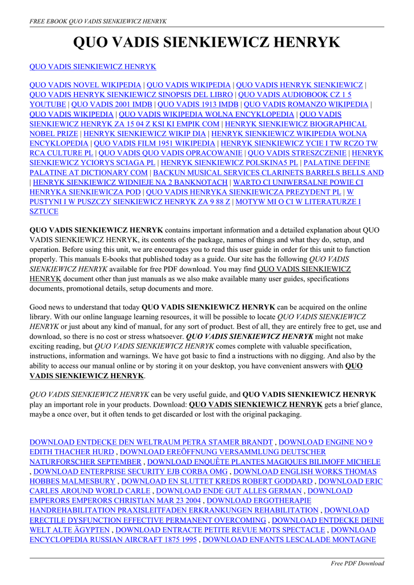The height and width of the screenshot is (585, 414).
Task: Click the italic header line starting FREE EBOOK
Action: point(98,21)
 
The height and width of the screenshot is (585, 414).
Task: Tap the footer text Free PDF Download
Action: point(357,563)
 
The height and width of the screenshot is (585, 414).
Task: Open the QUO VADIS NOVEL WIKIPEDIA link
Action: point(85,85)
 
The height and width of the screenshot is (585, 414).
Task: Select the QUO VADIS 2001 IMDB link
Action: point(111,105)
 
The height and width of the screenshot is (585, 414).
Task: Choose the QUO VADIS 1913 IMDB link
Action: point(198,105)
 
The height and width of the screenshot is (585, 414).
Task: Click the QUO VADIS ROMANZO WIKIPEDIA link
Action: point(306,105)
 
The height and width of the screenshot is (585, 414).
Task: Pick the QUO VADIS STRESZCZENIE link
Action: point(297,153)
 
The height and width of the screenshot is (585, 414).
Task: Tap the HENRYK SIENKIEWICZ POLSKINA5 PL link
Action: point(230,163)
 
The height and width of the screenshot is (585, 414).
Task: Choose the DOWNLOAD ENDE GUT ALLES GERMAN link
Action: point(229,491)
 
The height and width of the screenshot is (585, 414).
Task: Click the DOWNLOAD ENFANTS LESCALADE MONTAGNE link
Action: point(289,539)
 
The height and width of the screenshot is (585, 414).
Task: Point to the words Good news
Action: point(48,307)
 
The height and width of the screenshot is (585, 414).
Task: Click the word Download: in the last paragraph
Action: point(170,404)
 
